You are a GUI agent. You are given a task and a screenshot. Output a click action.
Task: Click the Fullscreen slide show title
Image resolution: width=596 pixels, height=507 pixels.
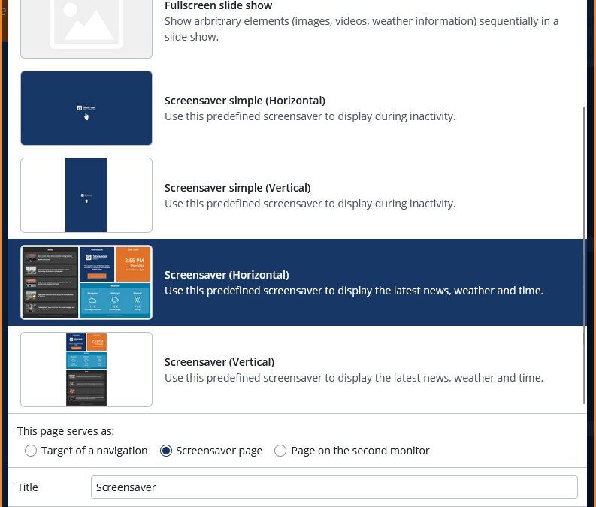click(218, 6)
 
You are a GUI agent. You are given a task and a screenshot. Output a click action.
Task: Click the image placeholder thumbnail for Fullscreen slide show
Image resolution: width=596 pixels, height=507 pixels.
click(86, 27)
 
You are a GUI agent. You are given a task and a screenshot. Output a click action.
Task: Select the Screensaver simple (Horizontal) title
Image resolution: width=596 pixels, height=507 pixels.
click(244, 101)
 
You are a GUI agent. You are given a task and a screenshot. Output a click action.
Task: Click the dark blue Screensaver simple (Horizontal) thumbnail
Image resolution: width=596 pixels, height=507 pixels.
click(86, 108)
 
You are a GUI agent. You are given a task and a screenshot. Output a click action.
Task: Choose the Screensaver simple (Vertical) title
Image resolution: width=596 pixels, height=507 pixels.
click(237, 188)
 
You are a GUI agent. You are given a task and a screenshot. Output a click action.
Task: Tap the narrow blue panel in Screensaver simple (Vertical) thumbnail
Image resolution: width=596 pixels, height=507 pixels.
click(86, 195)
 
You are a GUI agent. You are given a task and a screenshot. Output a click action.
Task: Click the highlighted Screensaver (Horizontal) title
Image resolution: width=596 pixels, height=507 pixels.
click(226, 275)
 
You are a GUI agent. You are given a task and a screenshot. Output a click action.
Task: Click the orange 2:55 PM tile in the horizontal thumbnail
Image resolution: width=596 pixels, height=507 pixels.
click(133, 264)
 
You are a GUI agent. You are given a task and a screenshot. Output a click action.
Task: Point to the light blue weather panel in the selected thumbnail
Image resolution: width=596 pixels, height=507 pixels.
click(115, 300)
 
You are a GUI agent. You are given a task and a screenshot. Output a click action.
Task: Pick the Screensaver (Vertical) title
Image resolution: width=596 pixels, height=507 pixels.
click(219, 362)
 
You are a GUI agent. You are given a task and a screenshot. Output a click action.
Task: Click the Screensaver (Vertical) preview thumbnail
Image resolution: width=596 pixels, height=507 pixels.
click(86, 370)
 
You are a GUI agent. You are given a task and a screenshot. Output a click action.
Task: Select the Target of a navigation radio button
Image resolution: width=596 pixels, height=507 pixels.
click(31, 451)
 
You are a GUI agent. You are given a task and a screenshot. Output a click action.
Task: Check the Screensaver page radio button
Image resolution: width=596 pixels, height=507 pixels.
click(166, 451)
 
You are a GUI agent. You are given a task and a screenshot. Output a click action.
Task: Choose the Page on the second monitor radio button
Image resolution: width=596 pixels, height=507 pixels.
click(280, 451)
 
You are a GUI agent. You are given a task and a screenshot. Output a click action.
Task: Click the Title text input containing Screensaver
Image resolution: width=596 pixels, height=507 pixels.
click(334, 487)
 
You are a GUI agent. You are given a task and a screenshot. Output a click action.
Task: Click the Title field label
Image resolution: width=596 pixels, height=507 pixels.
click(28, 487)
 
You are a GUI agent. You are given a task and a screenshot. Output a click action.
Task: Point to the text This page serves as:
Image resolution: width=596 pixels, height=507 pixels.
click(66, 431)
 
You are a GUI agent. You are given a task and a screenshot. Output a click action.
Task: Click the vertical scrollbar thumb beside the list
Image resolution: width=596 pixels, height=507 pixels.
click(584, 255)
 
